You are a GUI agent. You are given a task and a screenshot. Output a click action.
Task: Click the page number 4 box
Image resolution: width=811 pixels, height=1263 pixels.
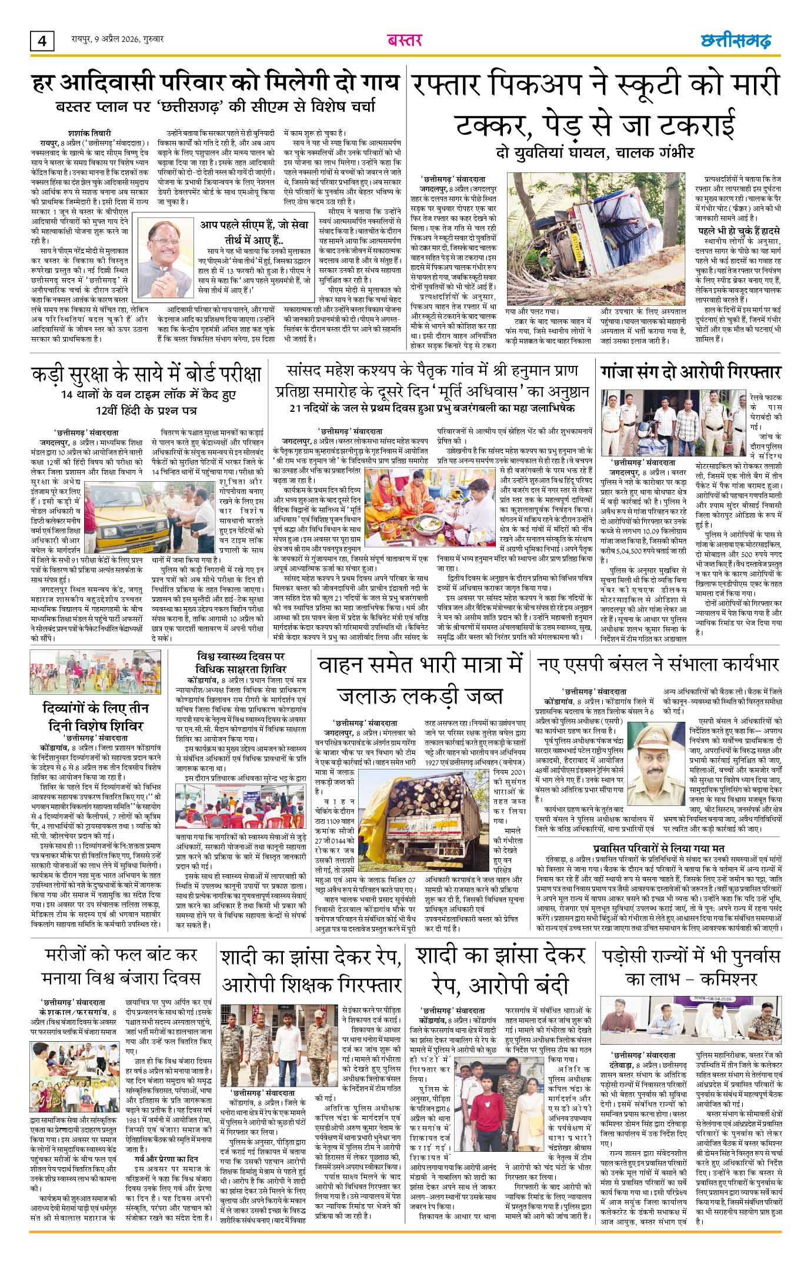tap(42, 42)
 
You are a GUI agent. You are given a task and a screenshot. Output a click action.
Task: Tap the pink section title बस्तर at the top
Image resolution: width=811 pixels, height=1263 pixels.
tap(405, 41)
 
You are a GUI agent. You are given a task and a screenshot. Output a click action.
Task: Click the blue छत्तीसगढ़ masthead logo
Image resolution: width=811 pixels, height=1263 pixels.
tap(736, 41)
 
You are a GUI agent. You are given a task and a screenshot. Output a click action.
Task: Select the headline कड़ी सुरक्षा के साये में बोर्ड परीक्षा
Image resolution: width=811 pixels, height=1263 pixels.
tap(146, 374)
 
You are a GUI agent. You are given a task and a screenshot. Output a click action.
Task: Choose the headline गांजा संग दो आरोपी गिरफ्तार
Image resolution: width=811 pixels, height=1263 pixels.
tap(690, 372)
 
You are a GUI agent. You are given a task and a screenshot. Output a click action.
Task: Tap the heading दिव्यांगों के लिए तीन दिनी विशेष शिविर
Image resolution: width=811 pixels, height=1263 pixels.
tap(96, 716)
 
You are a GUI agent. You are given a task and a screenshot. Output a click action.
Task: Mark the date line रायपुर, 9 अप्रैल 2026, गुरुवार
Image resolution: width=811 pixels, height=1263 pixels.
tap(109, 40)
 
